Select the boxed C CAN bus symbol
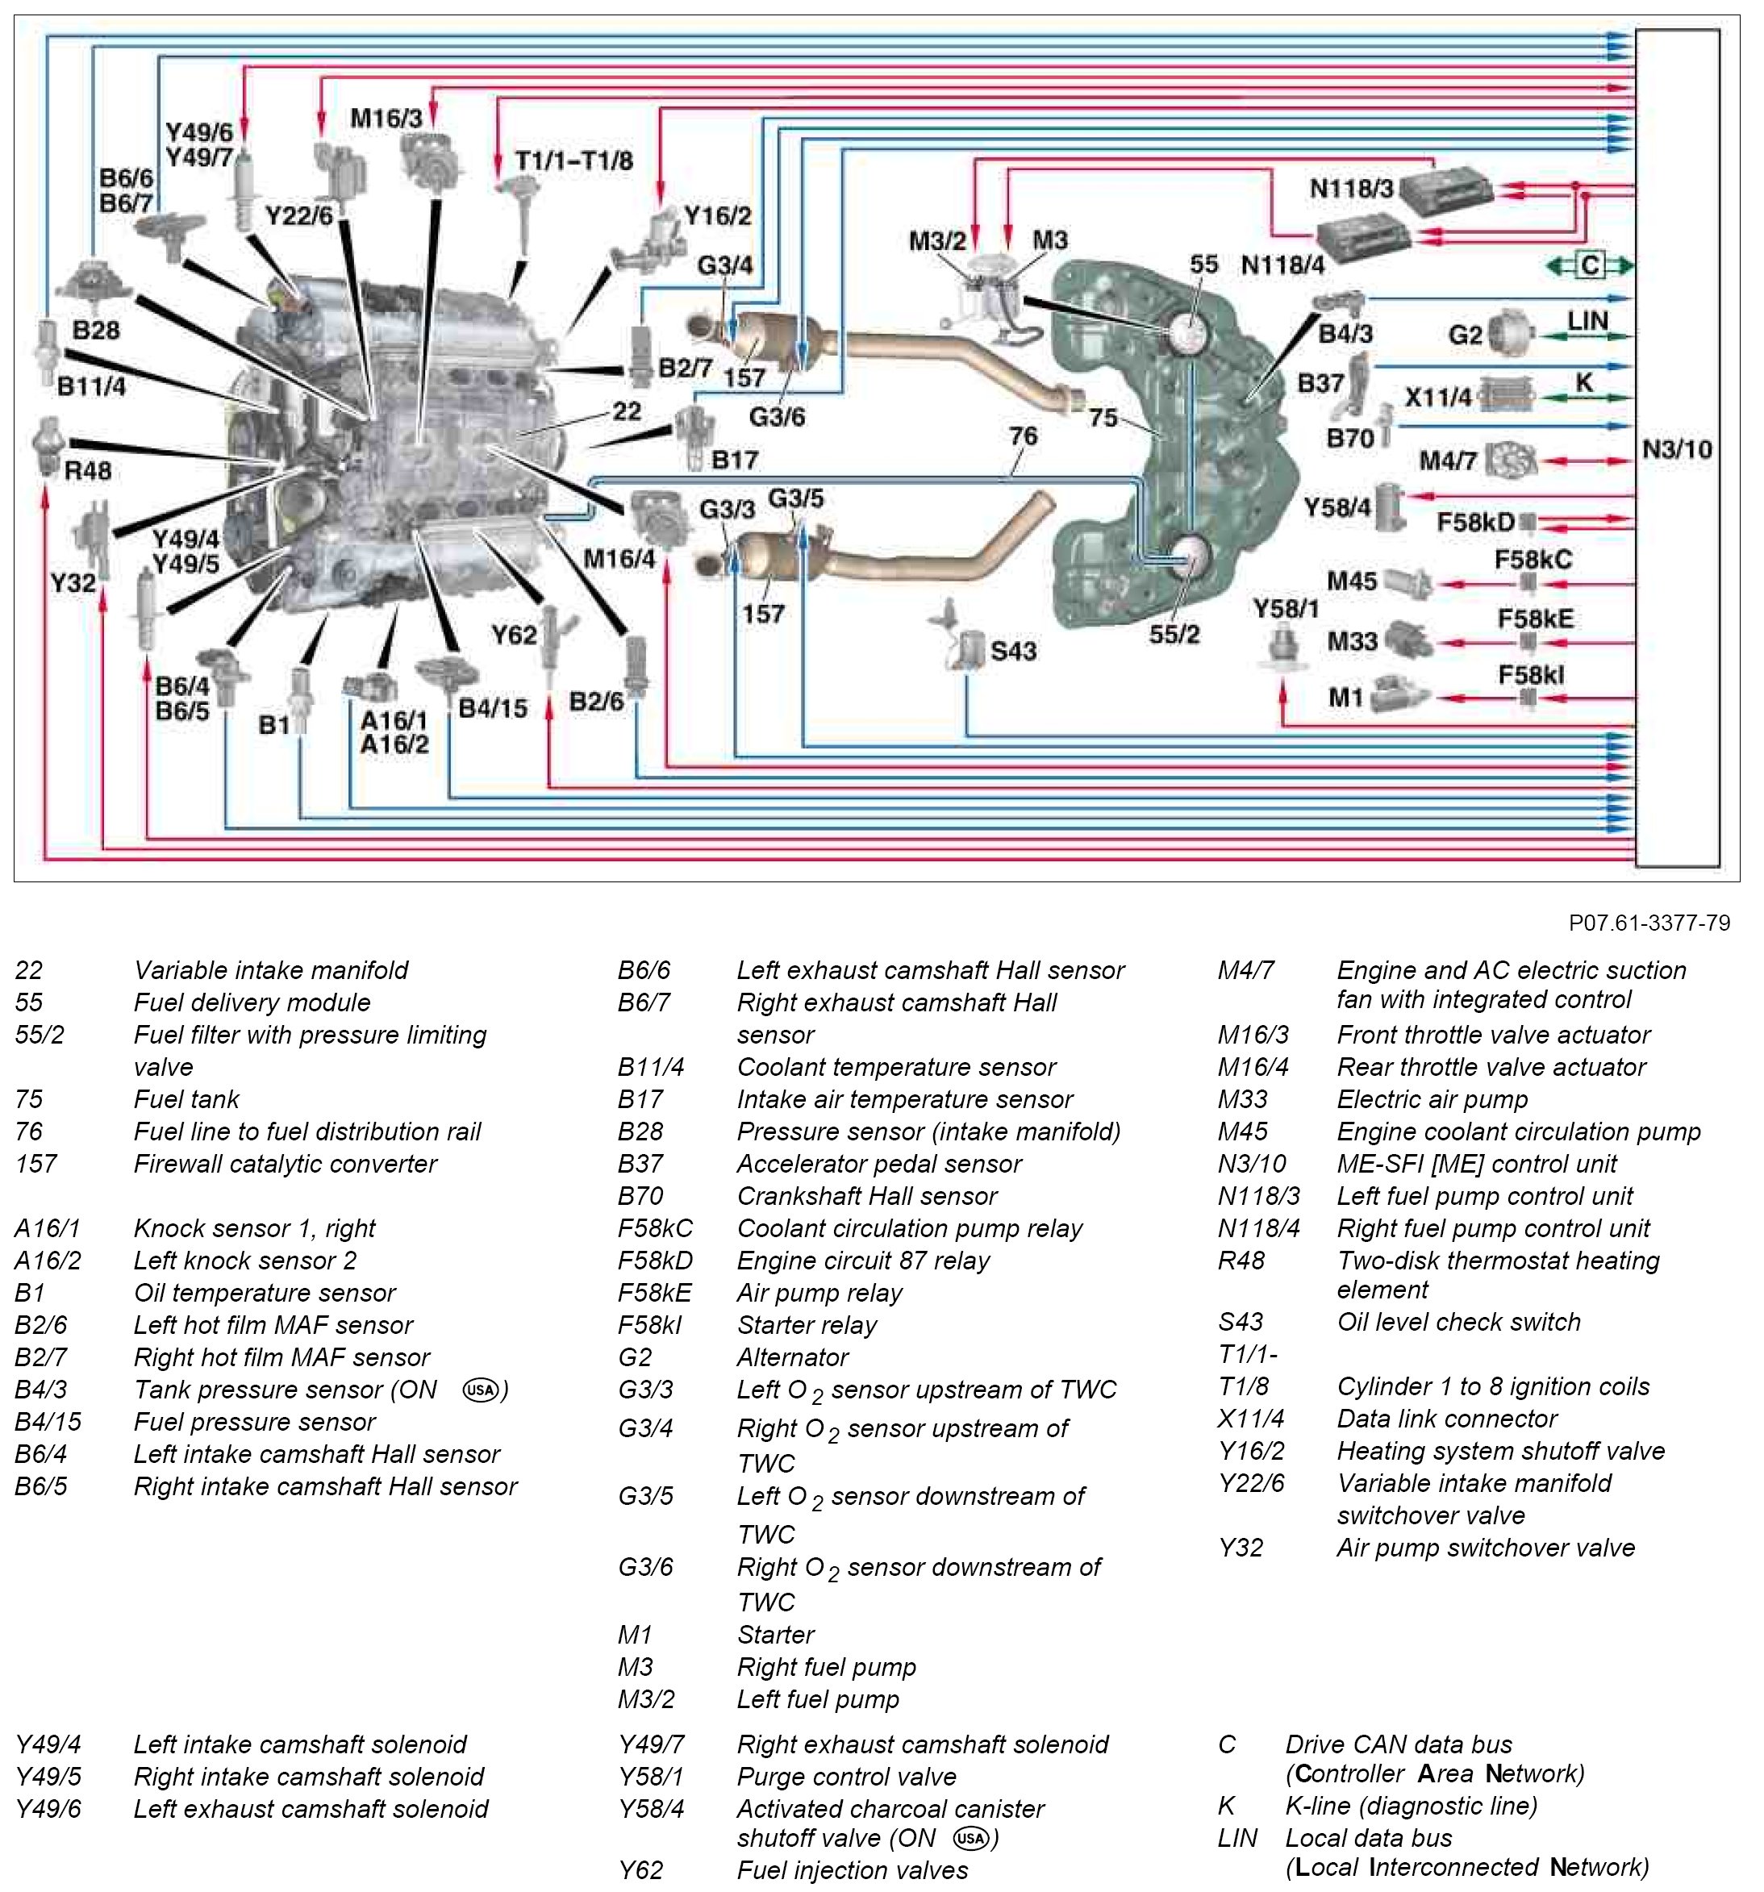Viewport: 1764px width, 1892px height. tap(1590, 265)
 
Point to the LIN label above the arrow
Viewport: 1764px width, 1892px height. tap(1587, 321)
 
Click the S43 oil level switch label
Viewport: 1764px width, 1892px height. tap(1013, 651)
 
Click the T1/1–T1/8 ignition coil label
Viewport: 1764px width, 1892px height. tap(574, 160)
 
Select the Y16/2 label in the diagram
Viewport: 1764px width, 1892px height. tap(717, 216)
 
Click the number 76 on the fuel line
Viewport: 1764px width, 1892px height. tap(1023, 435)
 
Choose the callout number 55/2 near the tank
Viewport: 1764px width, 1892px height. tap(1174, 634)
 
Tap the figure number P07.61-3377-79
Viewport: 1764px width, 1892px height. tap(1649, 922)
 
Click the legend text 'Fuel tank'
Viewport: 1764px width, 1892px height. tap(186, 1099)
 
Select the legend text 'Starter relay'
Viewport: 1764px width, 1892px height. tap(807, 1325)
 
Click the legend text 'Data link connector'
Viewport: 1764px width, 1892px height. tap(1446, 1419)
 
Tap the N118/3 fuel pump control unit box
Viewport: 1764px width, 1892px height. tap(1452, 186)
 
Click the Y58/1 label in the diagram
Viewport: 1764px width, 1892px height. tap(1285, 608)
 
